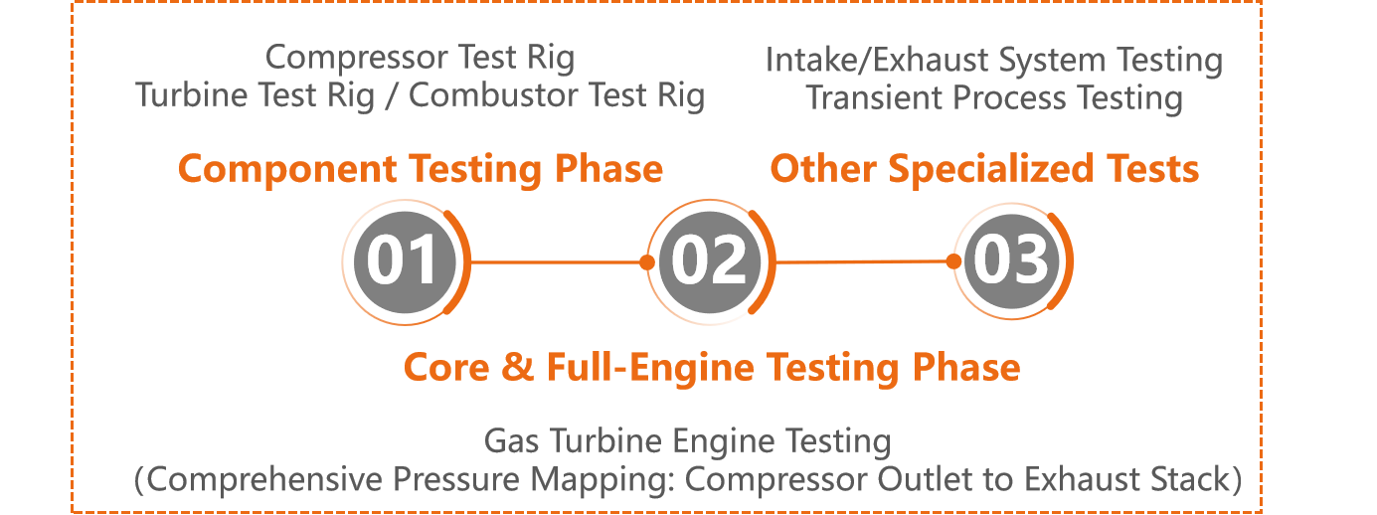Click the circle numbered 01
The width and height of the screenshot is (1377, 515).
tap(403, 261)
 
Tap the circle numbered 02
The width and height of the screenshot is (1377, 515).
tap(708, 261)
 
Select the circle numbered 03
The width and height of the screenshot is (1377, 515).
tap(1011, 260)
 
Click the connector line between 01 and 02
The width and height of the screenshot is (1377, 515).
tap(557, 262)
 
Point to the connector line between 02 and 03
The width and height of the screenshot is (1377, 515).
tap(863, 262)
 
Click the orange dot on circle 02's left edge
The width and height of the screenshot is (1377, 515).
tap(647, 262)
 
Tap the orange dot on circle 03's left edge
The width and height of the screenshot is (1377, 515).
tap(953, 261)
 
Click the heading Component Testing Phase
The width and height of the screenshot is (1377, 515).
tap(420, 169)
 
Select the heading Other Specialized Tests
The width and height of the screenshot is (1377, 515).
tap(984, 169)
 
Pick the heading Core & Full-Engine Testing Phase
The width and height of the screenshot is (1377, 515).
tap(711, 367)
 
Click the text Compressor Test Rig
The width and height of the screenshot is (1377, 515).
tap(421, 58)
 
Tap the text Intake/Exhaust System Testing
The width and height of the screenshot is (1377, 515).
tap(993, 61)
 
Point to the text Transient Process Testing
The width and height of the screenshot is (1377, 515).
tap(993, 98)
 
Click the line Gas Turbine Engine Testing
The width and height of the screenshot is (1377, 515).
tap(687, 440)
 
